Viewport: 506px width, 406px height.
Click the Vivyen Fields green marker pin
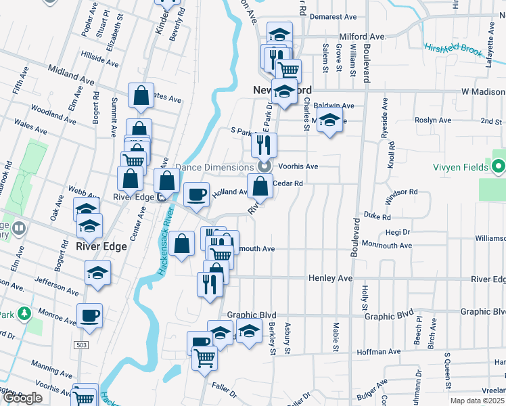[499, 165]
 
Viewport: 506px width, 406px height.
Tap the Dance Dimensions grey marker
[264, 166]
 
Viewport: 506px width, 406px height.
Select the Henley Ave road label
[331, 278]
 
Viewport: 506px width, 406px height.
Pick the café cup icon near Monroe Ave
[89, 315]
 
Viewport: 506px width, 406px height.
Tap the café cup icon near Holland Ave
[197, 194]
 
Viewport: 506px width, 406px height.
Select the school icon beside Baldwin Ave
[329, 122]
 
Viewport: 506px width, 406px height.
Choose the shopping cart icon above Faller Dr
[204, 357]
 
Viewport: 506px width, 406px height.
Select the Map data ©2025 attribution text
[478, 401]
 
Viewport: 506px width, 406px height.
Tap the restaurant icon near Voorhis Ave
[264, 144]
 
